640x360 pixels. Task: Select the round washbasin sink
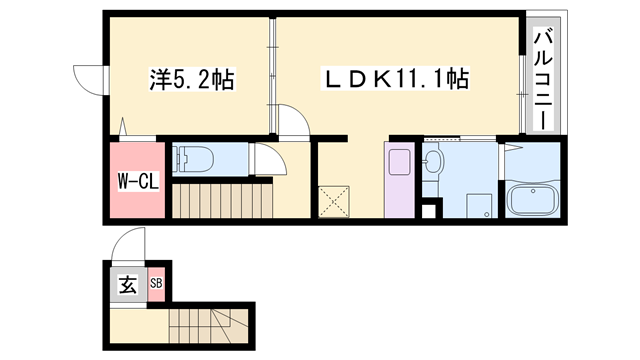(x=433, y=163)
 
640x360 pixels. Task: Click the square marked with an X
(x=334, y=200)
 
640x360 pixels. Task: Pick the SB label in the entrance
(x=156, y=283)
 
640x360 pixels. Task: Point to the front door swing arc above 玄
(x=130, y=244)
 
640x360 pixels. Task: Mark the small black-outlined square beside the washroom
(x=431, y=211)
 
